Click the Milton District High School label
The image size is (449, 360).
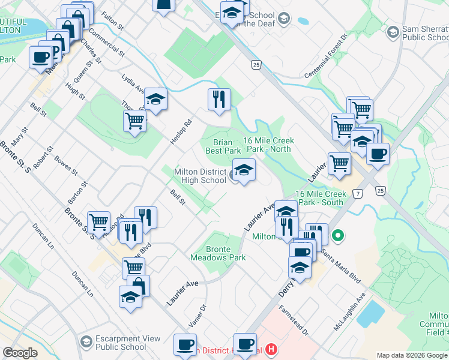point(200,176)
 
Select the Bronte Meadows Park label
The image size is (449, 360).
point(218,253)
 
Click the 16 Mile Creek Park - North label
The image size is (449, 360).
point(268,144)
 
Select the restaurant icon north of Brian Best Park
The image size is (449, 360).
point(219,99)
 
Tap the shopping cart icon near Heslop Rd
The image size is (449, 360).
point(134,120)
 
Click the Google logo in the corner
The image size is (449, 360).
point(20,353)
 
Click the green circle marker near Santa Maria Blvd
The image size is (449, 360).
point(337,236)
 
